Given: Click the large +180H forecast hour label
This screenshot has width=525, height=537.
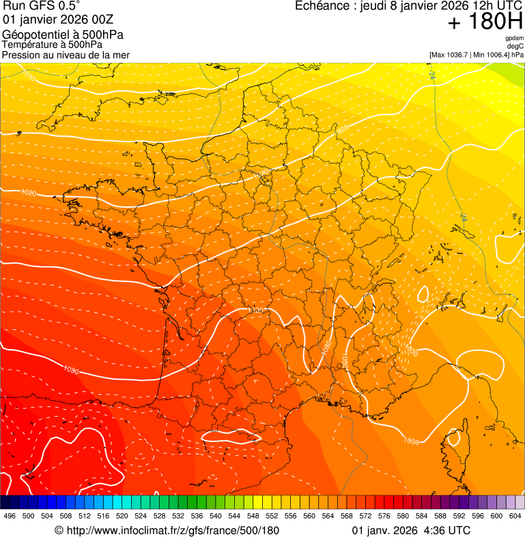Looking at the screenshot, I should pyautogui.click(x=485, y=22).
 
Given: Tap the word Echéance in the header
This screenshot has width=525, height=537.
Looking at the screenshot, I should pyautogui.click(x=323, y=6).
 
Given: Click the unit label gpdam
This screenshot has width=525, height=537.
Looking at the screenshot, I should pyautogui.click(x=514, y=38).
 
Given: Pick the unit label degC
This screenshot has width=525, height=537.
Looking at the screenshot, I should pyautogui.click(x=515, y=46).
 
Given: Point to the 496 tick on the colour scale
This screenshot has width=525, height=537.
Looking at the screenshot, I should pyautogui.click(x=10, y=516).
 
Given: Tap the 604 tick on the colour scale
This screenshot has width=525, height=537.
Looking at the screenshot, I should pyautogui.click(x=515, y=516).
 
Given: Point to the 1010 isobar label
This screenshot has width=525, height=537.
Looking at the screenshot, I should pyautogui.click(x=28, y=71).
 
